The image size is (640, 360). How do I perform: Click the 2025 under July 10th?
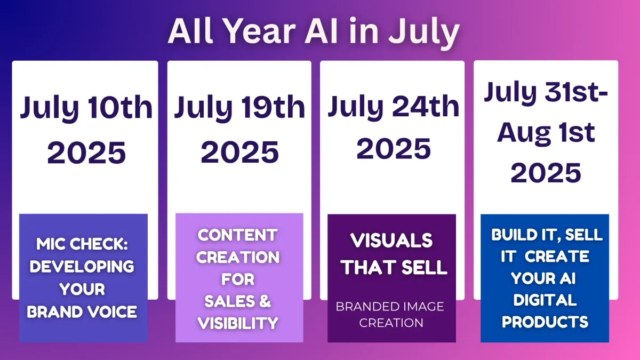86,153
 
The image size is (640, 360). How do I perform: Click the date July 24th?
393,107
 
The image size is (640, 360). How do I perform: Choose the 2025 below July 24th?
394,148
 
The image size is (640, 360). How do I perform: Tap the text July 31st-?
546,92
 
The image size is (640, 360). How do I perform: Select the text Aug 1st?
546,134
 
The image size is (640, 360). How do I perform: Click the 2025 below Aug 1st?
546,173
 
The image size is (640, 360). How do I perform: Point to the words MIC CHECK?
82,244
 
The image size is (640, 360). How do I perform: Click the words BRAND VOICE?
82,311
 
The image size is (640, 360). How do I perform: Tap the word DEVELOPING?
82,267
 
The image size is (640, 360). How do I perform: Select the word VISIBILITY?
238,323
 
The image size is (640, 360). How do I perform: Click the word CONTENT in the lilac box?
238,235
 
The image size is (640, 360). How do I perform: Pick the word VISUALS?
391,241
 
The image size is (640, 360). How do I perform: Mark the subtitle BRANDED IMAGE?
390,307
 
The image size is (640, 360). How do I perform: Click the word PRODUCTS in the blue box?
545,322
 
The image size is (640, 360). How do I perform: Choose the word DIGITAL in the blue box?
545,300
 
